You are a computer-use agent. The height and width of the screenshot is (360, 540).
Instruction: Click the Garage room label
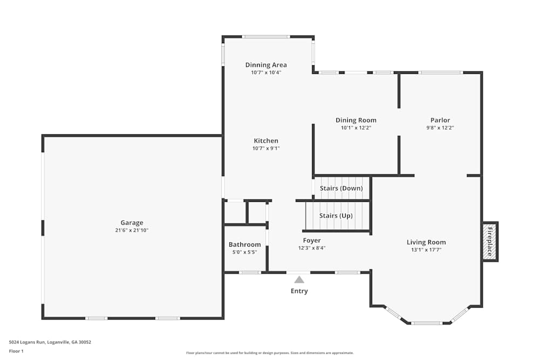[x=132, y=222]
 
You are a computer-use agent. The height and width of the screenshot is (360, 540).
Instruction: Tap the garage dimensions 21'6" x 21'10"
[x=132, y=230]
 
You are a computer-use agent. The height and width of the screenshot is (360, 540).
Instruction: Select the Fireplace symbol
[x=490, y=241]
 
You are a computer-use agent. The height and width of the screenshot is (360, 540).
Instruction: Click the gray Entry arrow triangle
[x=299, y=280]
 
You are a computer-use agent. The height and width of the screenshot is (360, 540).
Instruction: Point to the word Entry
[x=299, y=291]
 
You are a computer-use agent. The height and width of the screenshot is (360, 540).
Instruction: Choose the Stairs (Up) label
[x=336, y=215]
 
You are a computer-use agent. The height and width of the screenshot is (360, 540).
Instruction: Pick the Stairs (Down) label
[x=341, y=188]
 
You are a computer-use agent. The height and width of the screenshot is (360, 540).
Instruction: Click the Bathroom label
[x=245, y=244]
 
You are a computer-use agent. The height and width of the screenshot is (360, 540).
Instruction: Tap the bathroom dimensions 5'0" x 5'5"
[x=245, y=252]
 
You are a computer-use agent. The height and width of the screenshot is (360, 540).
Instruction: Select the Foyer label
[x=312, y=240]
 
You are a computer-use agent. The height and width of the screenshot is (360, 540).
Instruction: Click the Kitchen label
[x=266, y=141]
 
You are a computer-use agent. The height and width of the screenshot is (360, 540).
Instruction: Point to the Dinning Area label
[x=266, y=65]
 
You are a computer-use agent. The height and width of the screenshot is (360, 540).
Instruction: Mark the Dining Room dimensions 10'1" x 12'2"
[x=356, y=128]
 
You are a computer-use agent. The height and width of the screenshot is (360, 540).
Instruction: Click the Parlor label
[x=440, y=120]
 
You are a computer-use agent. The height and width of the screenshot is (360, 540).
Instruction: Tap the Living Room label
[x=426, y=242]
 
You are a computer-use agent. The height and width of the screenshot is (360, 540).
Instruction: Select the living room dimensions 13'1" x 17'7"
[x=426, y=250]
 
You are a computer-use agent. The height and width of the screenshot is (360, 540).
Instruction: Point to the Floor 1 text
[x=16, y=351]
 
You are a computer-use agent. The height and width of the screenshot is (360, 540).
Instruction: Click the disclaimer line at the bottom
[x=270, y=353]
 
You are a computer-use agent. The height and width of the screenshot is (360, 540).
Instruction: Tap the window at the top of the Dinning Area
[x=265, y=37]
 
